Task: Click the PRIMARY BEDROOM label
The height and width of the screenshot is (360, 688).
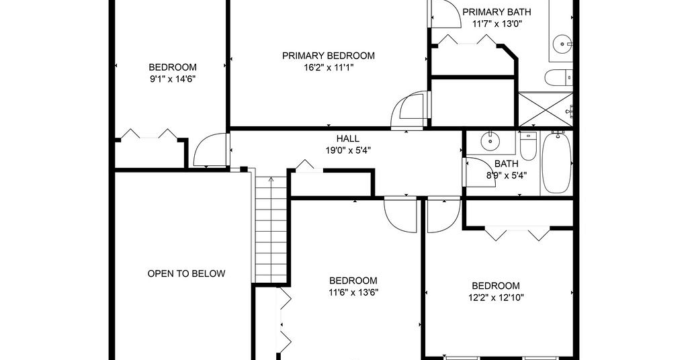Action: (x=328, y=56)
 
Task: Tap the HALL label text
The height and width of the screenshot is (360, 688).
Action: (x=347, y=138)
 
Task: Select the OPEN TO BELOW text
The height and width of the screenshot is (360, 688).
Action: (x=186, y=273)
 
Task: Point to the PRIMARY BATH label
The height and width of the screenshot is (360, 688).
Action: (x=497, y=12)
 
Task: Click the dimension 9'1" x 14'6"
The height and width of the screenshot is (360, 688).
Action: (x=173, y=79)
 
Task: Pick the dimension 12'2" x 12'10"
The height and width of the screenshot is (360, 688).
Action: (x=496, y=298)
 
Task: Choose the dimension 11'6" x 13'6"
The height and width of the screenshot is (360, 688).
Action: (x=353, y=292)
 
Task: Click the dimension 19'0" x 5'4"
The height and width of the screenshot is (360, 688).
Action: (x=347, y=150)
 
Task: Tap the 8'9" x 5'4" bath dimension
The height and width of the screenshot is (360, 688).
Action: (x=507, y=175)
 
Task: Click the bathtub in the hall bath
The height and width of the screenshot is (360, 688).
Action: (x=556, y=163)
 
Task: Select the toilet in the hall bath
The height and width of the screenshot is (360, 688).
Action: (x=528, y=146)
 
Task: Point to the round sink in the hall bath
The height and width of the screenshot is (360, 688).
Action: (x=490, y=141)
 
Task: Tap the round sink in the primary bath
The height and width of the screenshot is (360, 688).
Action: (x=561, y=44)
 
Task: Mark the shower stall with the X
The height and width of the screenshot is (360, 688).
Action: (x=546, y=109)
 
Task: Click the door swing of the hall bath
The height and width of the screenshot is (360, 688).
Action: (x=480, y=172)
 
